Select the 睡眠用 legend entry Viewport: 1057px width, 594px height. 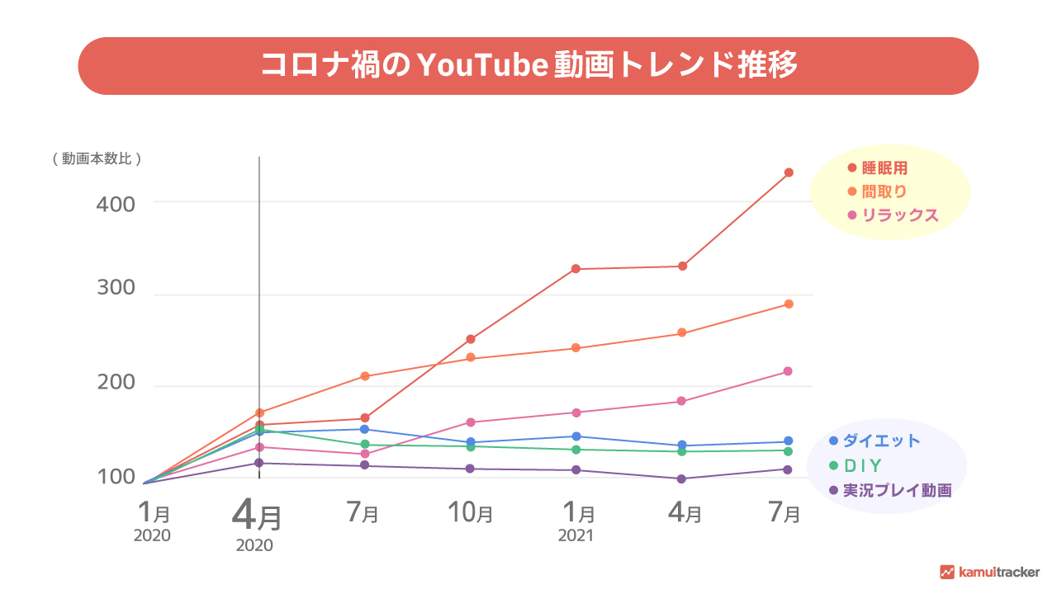884,168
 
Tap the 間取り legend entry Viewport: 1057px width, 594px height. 884,191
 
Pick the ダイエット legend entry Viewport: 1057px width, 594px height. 881,441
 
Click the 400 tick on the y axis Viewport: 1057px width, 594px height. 116,202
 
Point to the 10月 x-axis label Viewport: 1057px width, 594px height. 471,513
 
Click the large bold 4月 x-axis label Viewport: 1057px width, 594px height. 257,516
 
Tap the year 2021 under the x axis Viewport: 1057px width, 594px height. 576,536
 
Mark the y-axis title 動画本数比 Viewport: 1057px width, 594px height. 97,159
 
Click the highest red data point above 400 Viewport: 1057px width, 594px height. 789,172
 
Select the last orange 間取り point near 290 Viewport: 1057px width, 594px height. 789,304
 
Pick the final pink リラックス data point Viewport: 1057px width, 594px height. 788,371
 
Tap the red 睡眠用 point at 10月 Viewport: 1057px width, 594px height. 471,339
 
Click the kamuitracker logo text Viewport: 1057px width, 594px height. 999,572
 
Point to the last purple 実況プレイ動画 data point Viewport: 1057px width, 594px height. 788,469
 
